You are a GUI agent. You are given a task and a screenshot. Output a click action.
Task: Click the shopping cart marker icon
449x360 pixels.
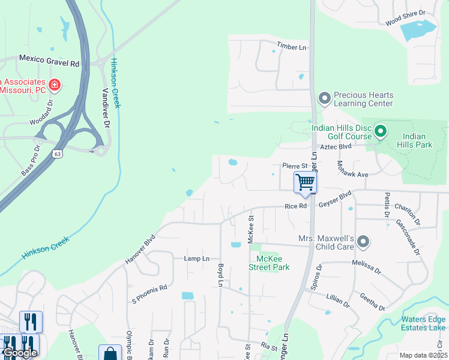306,182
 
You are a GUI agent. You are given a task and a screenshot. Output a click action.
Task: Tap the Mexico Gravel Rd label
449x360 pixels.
49,60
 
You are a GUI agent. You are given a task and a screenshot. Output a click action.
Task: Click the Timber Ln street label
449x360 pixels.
291,47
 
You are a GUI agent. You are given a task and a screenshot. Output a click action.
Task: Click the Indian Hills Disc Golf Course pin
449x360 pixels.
379,130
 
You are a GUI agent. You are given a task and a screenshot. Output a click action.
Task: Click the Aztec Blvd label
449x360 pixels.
335,146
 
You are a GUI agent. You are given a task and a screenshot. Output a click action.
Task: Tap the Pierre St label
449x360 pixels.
295,166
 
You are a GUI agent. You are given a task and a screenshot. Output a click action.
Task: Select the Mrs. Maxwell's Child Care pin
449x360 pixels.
363,242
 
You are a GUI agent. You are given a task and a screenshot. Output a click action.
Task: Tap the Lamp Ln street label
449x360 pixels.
196,258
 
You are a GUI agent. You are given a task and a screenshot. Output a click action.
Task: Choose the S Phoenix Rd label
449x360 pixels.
149,293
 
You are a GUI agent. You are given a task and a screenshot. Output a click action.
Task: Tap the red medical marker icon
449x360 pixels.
55,85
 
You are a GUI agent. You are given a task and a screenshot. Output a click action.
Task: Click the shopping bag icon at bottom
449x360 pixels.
110,354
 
